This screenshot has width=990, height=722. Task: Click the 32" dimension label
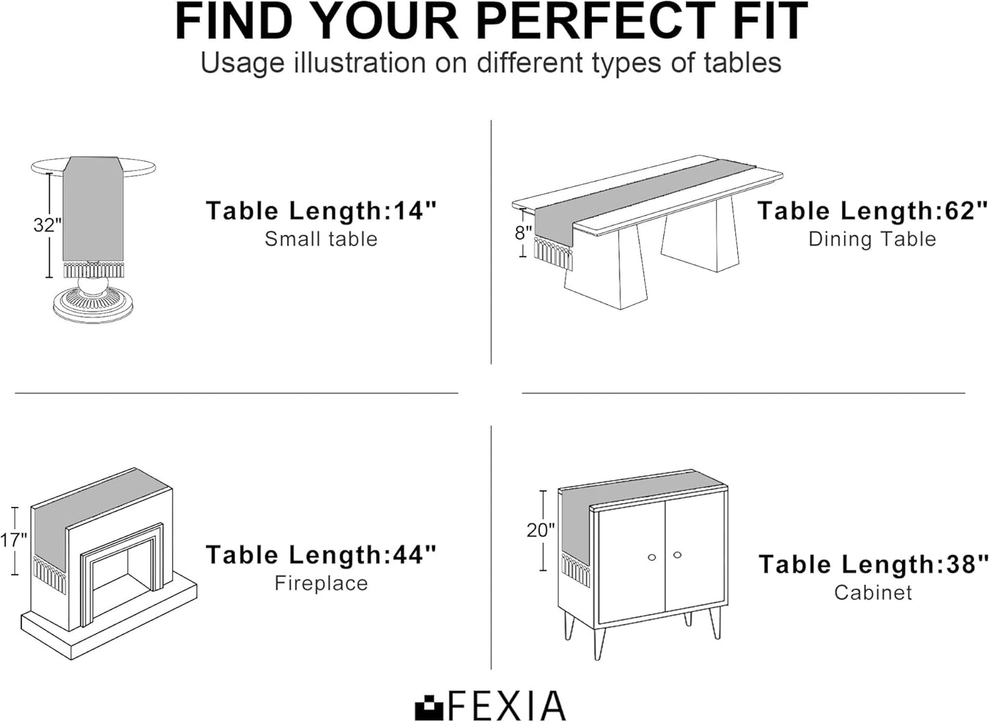pos(47,225)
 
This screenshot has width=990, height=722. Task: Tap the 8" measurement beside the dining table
pos(523,232)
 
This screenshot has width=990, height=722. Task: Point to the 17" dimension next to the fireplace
pos(13,540)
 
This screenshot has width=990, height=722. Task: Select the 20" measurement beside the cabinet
pos(540,530)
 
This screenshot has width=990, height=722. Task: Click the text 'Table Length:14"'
pos(321,210)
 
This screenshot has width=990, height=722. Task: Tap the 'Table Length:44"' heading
pos(321,555)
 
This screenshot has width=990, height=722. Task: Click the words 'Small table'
pos(321,239)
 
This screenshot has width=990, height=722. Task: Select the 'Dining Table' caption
pos(872,240)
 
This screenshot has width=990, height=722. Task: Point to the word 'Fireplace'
pos(321,583)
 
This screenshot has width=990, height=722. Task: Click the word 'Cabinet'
pos(874,593)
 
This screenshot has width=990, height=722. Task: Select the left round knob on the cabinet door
pos(652,557)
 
